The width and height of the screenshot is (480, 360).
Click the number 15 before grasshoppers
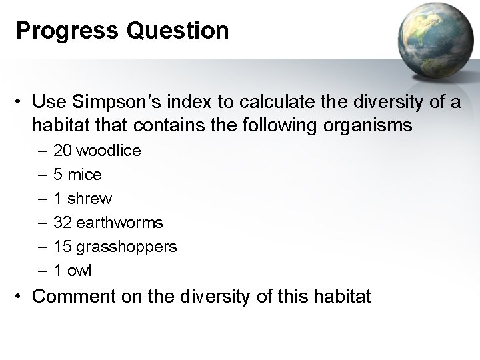pyautogui.click(x=63, y=247)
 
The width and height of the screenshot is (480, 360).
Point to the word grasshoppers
pyautogui.click(x=127, y=247)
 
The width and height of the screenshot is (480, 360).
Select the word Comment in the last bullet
pyautogui.click(x=68, y=295)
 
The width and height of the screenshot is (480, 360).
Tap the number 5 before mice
pyautogui.click(x=58, y=175)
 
